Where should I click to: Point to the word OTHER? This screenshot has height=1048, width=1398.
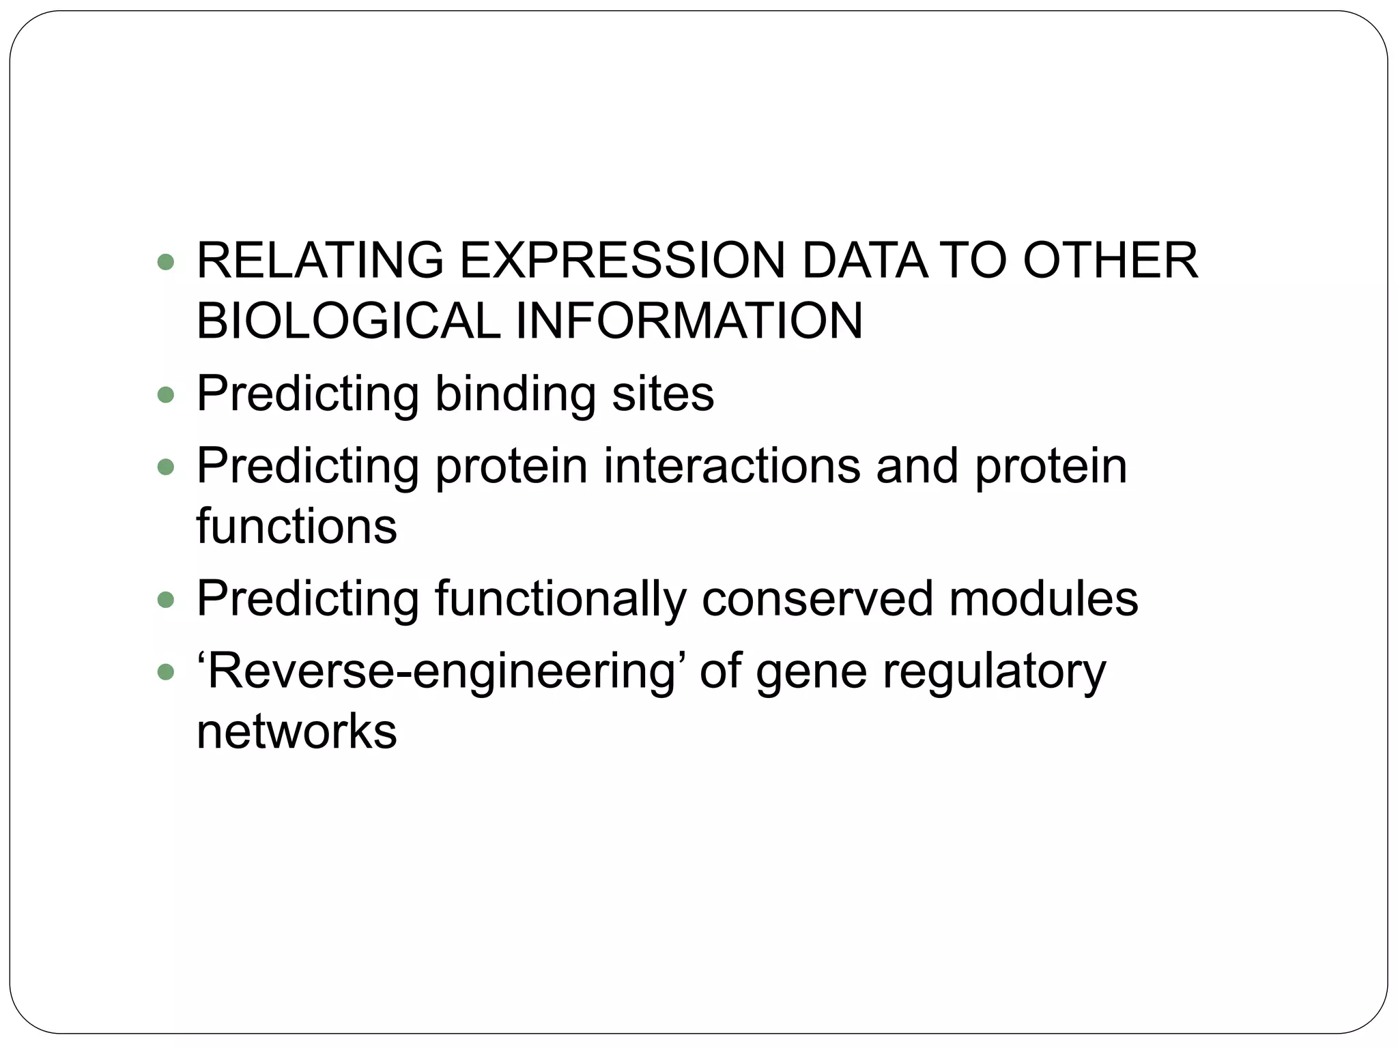[1110, 261]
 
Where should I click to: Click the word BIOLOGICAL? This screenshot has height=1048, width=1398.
[348, 321]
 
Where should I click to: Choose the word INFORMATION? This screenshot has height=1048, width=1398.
[689, 321]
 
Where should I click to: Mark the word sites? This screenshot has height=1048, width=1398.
[663, 394]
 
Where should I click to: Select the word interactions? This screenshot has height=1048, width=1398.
[732, 466]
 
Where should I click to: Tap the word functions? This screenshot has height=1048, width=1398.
[296, 527]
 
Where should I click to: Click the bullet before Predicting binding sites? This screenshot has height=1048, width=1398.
[166, 394]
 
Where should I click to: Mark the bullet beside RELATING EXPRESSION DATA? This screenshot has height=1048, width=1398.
[166, 261]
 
